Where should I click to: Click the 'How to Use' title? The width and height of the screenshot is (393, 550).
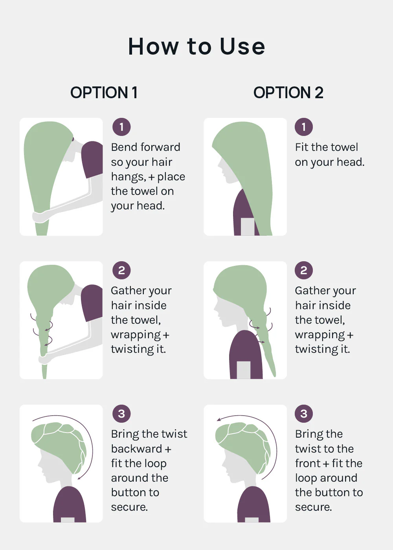[x=196, y=46]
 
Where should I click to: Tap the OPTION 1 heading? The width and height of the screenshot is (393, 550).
[x=104, y=93]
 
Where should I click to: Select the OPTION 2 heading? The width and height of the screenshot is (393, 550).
[x=288, y=93]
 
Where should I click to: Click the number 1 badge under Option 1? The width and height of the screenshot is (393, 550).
[x=121, y=127]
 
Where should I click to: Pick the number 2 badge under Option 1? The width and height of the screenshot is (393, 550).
[x=121, y=270]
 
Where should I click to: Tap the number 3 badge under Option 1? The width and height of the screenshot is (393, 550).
[x=121, y=414]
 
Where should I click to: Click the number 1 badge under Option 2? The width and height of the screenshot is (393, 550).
[x=304, y=127]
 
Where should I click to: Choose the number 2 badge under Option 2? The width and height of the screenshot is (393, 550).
[x=304, y=270]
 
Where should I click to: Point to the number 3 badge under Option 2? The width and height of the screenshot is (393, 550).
[x=304, y=414]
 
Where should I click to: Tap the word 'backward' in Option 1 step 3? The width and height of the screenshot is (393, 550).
[x=137, y=449]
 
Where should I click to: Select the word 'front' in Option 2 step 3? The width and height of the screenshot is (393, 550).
[x=308, y=464]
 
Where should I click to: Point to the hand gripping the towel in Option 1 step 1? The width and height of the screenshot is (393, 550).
[x=41, y=217]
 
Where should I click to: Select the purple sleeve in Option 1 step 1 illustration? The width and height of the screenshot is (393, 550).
[x=92, y=159]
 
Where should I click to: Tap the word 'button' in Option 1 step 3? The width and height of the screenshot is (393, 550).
[x=135, y=493]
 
